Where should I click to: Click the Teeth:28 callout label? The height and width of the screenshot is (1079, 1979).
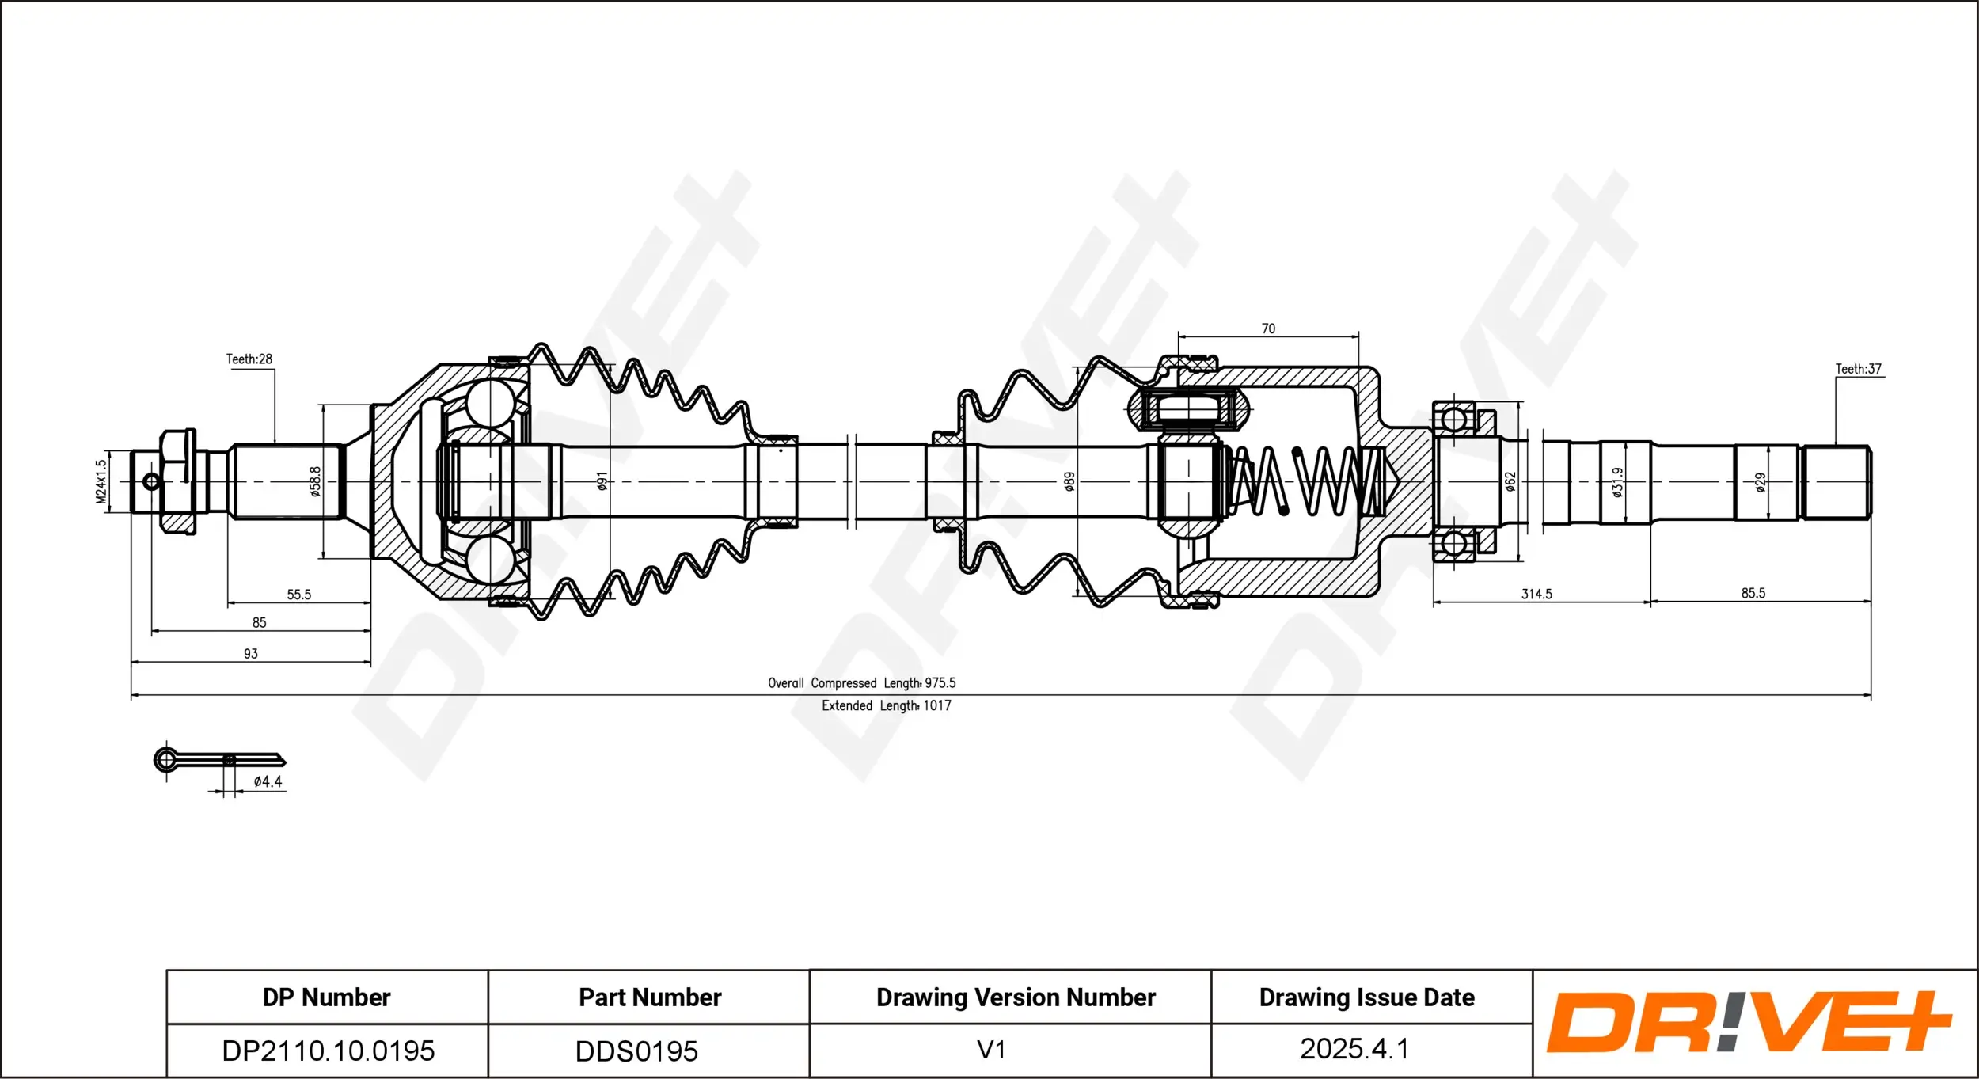(249, 359)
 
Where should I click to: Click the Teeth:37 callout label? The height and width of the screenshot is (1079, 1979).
(1858, 369)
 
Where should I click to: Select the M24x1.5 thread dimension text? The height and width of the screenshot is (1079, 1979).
(101, 481)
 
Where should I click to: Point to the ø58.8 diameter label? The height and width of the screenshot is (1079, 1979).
(315, 481)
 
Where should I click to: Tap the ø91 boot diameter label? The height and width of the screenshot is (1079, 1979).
(602, 481)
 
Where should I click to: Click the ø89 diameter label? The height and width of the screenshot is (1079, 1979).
(1069, 481)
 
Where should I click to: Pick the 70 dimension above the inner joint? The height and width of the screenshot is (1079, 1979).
(1268, 329)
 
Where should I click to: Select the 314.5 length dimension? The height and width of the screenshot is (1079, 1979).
(1536, 594)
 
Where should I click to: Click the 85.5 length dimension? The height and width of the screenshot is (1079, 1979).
(1753, 593)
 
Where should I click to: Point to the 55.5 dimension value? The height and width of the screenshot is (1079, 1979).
(298, 595)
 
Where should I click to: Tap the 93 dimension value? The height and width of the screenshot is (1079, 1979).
(250, 654)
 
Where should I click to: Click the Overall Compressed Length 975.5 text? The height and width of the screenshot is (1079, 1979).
(861, 683)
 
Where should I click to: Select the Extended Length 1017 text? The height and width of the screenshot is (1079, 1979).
(886, 705)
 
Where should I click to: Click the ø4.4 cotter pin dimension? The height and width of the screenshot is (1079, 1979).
(268, 781)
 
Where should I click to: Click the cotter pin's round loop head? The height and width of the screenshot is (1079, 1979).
(165, 761)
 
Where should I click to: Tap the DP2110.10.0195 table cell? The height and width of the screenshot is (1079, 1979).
(328, 1051)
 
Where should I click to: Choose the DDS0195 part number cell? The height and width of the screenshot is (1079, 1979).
(636, 1051)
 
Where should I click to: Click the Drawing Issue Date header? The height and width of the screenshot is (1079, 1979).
(1366, 997)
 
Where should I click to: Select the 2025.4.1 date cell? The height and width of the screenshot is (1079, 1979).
(1354, 1049)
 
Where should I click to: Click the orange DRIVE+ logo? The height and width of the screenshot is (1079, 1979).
(1748, 1022)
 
